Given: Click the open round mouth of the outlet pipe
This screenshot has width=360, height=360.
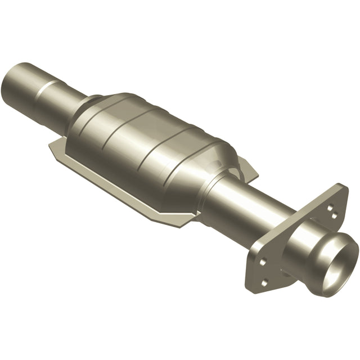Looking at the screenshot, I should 340,259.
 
